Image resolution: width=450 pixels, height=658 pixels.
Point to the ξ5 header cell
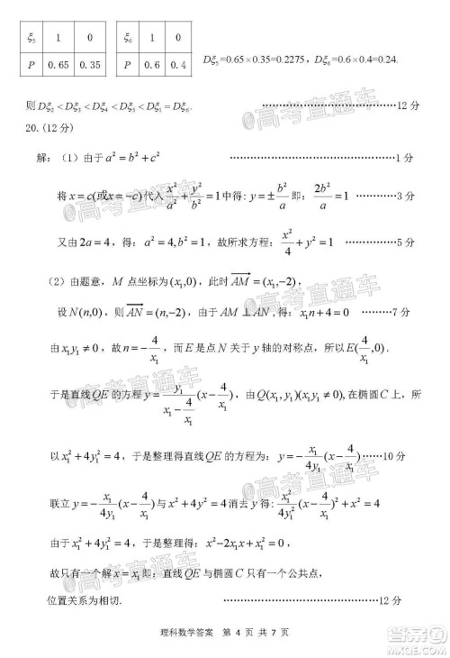click(31, 39)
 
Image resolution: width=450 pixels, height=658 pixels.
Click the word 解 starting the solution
click(43, 158)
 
